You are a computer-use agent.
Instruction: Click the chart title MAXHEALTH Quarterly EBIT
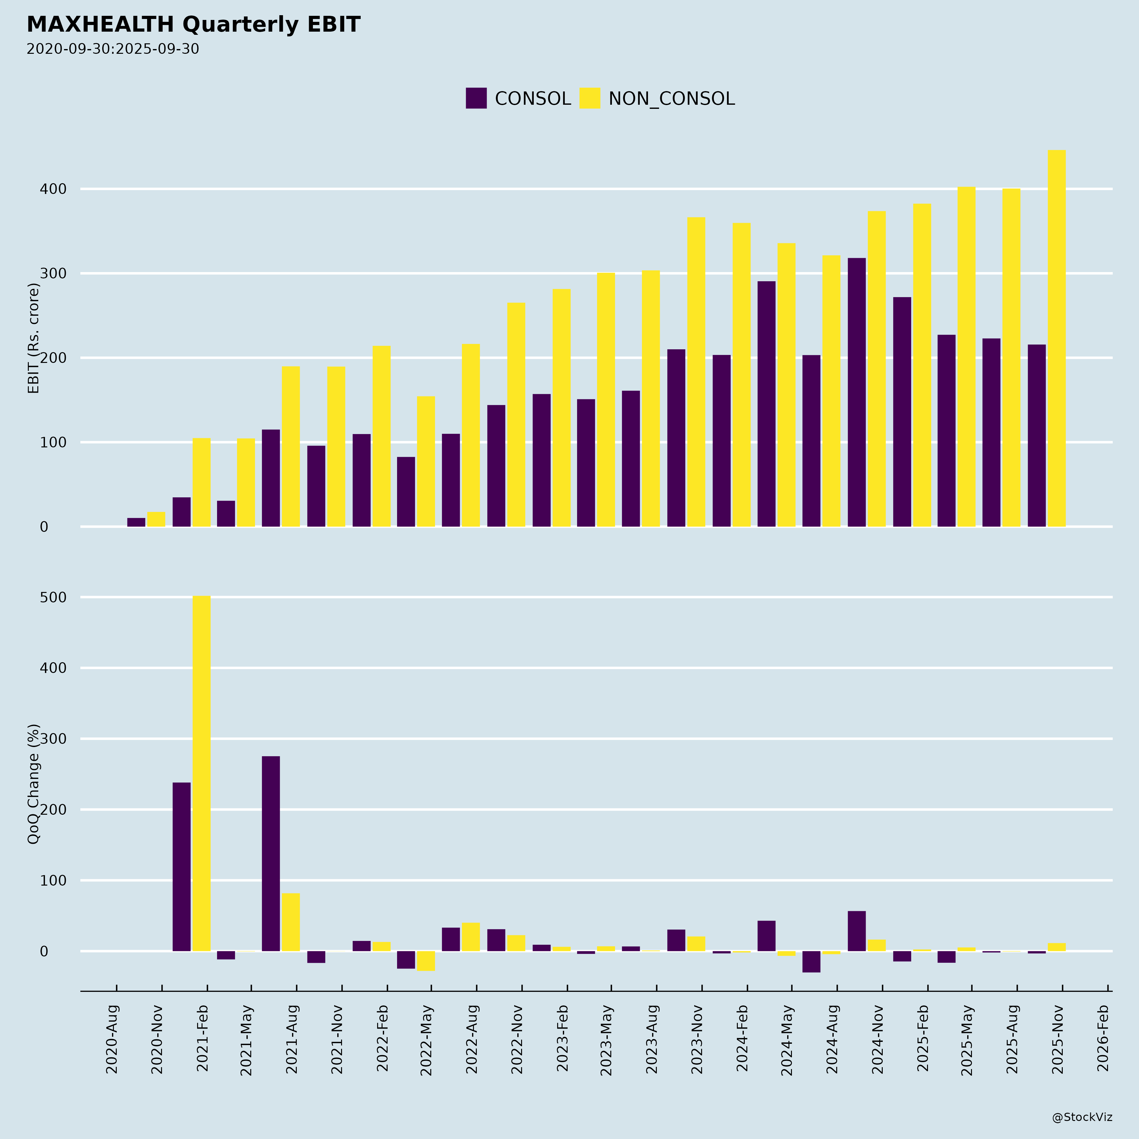pyautogui.click(x=193, y=25)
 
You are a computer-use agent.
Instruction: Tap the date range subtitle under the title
pyautogui.click(x=113, y=49)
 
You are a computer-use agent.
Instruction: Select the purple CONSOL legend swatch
pyautogui.click(x=476, y=98)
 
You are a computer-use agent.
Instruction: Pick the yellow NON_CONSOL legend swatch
pyautogui.click(x=589, y=98)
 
